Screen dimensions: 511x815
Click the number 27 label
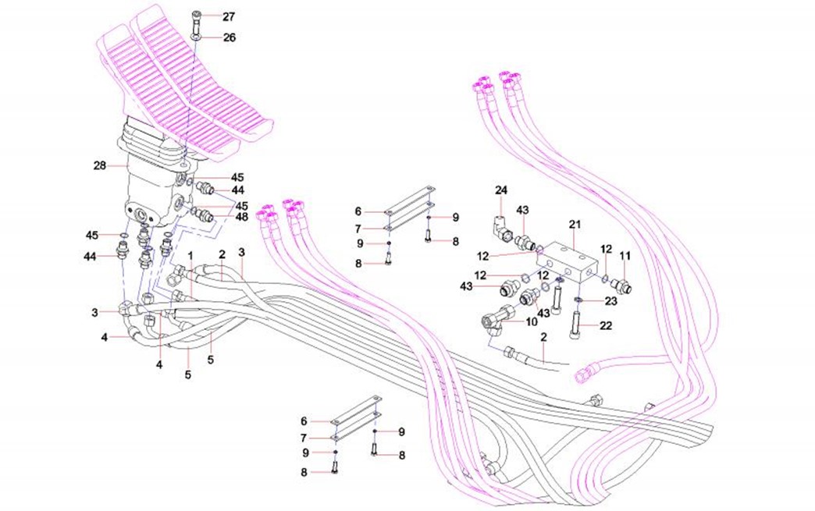(206, 16)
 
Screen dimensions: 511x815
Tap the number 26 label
(207, 37)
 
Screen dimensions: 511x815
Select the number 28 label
(99, 165)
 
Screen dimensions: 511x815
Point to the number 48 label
(242, 217)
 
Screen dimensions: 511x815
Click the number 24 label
(501, 190)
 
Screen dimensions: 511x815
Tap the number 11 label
(625, 256)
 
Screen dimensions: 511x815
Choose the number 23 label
(611, 300)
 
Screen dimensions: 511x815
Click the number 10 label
(532, 321)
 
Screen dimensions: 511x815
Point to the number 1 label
(190, 256)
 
